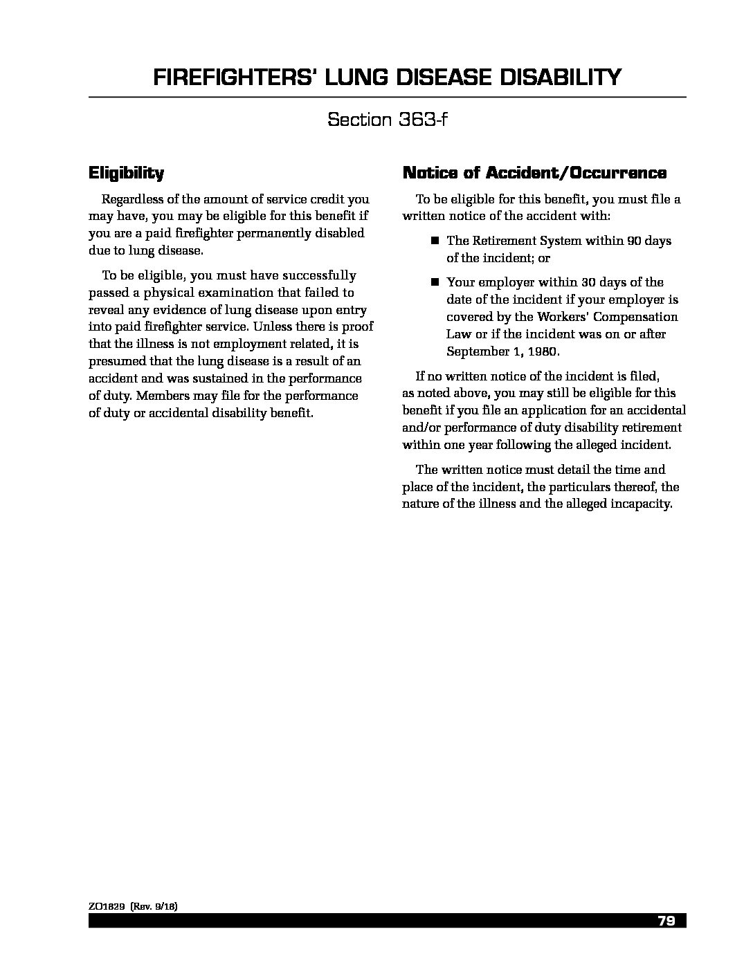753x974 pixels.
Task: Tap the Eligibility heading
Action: click(126, 172)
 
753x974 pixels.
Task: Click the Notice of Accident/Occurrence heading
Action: click(534, 172)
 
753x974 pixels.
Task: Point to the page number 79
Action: click(666, 921)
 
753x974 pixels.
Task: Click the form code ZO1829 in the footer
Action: click(107, 906)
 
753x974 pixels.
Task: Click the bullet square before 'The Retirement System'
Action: click(435, 241)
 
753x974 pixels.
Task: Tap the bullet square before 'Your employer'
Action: click(435, 282)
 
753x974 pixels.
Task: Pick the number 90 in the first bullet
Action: click(634, 241)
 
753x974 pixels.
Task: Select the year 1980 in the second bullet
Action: click(542, 351)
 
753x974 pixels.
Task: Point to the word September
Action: click(475, 351)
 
